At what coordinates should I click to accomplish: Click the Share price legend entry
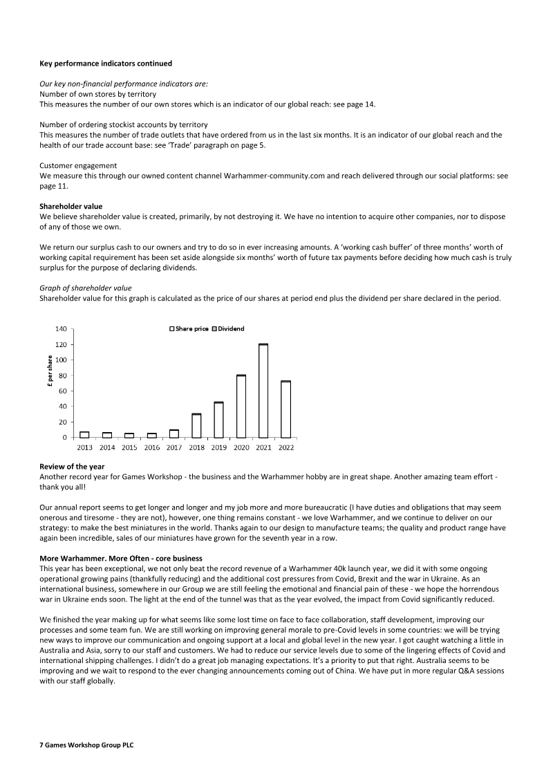[x=189, y=328]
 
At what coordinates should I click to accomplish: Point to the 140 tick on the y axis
[x=62, y=329]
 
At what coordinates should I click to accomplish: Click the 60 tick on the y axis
[x=64, y=391]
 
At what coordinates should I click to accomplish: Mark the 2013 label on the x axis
[x=84, y=447]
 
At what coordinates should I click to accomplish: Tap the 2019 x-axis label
[x=218, y=447]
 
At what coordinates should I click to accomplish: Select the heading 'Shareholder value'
[x=71, y=206]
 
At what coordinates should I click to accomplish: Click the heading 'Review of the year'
[x=72, y=467]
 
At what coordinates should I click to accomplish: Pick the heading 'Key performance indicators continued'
[x=106, y=64]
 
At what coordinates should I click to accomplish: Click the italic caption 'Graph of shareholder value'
[x=86, y=288]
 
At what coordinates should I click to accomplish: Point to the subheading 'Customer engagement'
[x=78, y=167]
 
